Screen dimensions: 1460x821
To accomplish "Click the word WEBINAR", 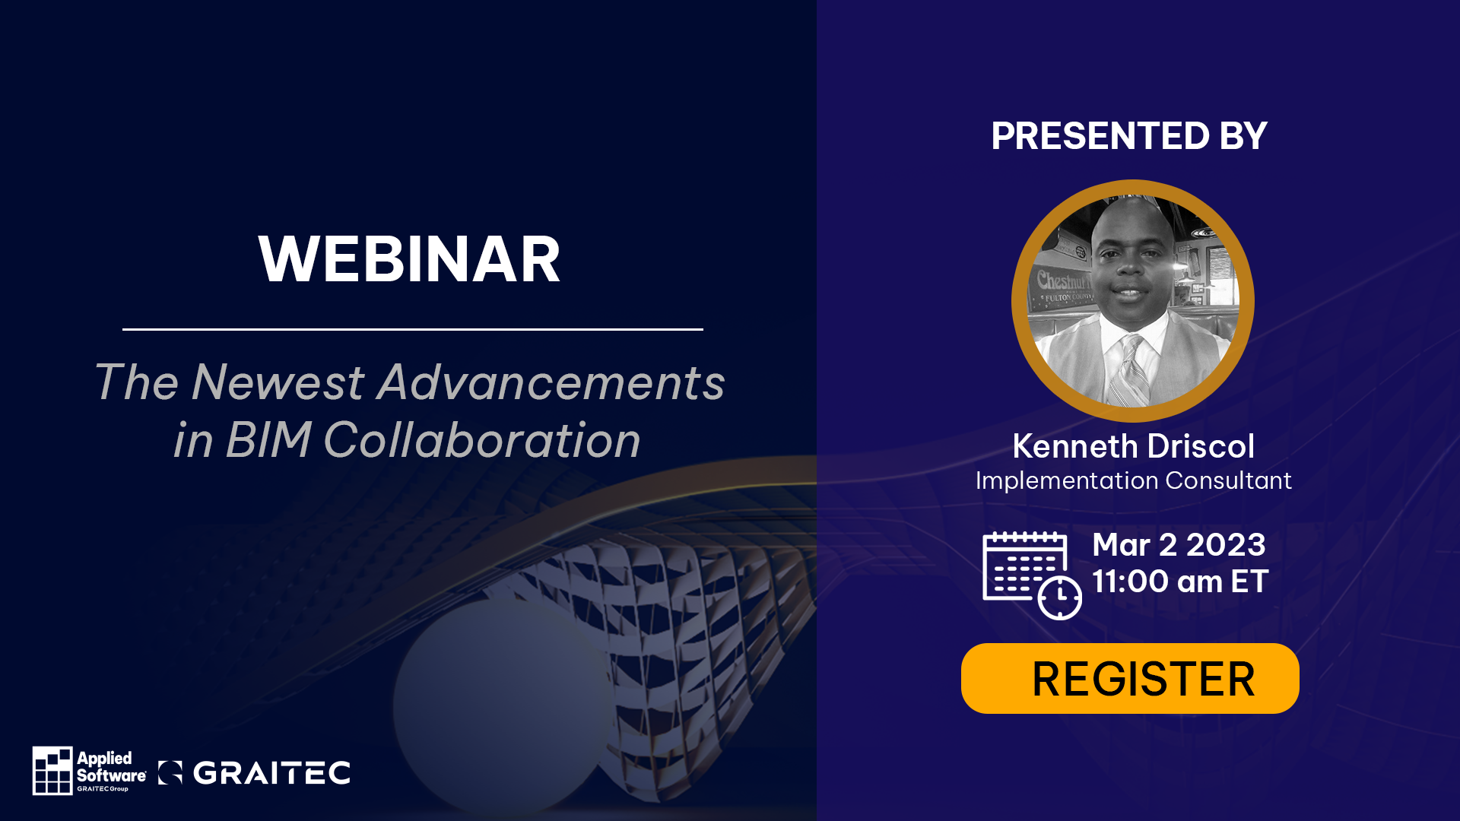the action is click(409, 259).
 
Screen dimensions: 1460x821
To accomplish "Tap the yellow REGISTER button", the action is click(1130, 678).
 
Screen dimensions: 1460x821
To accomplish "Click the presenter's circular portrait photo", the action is click(1133, 301).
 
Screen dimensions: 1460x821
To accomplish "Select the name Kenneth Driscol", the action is click(1133, 446).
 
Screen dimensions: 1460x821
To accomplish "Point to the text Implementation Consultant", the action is click(1133, 480).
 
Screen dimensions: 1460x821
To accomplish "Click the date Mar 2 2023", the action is click(1179, 545).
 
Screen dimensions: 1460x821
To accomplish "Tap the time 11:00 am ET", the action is click(1180, 582).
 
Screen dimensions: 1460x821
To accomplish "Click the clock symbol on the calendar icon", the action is click(1060, 598).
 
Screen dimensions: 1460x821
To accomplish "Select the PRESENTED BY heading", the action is click(1129, 136).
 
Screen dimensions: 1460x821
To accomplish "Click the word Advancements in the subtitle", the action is click(551, 382).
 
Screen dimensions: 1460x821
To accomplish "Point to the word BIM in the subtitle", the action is click(268, 440).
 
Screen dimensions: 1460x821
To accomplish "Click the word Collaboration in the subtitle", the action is click(482, 440).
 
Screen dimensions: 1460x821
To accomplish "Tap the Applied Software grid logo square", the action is click(52, 770).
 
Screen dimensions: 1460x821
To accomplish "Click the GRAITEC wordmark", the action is click(271, 773).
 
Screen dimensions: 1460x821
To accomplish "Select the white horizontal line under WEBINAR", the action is click(413, 329).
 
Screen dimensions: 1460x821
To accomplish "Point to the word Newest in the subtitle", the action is click(278, 382).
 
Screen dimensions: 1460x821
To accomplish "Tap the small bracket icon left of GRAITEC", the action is click(170, 772).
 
